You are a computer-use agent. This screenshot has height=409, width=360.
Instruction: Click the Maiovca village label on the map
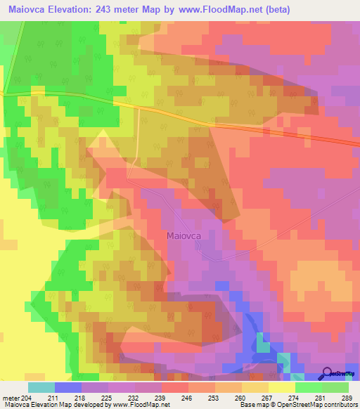pyautogui.click(x=185, y=236)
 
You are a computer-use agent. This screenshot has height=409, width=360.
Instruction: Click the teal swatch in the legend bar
pyautogui.click(x=41, y=387)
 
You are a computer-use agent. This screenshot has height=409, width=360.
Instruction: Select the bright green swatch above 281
pyautogui.click(x=308, y=387)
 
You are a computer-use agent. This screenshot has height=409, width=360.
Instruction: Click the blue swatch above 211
pyautogui.click(x=68, y=387)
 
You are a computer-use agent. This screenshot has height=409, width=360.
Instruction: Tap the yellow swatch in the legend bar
pyautogui.click(x=281, y=387)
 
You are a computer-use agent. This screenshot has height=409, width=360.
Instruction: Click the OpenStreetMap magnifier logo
pyautogui.click(x=328, y=372)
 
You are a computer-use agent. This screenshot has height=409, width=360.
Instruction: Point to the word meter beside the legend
pyautogui.click(x=11, y=397)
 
